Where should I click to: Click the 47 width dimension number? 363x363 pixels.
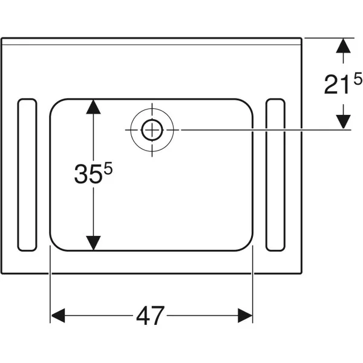pos(151,316)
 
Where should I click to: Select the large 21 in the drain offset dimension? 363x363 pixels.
pos(336,85)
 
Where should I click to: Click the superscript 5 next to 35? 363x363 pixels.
pos(108,169)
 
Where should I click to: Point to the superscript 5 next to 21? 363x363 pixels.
pos(358,79)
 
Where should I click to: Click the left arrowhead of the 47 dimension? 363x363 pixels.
pos(58,315)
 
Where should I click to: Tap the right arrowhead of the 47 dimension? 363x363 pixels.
pos(245,315)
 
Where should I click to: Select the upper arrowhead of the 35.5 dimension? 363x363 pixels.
pos(93,106)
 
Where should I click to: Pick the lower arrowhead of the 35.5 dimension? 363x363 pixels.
pos(93,243)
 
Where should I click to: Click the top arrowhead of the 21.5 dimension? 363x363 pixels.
pos(343,45)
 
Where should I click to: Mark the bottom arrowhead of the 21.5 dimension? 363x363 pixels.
pos(343,122)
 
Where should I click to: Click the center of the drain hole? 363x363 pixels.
pos(152,130)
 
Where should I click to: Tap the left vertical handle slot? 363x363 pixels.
pos(27,175)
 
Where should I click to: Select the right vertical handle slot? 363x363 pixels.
pos(275,175)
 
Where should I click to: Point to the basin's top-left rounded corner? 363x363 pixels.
pos(56,105)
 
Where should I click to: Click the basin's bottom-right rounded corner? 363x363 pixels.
pos(247,245)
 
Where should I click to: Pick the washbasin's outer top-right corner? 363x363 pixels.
pos(301,38)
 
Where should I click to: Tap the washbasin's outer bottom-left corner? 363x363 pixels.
pos(2,273)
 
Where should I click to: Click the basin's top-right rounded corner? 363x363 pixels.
pos(247,105)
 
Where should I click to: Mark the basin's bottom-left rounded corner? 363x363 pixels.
pos(56,245)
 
